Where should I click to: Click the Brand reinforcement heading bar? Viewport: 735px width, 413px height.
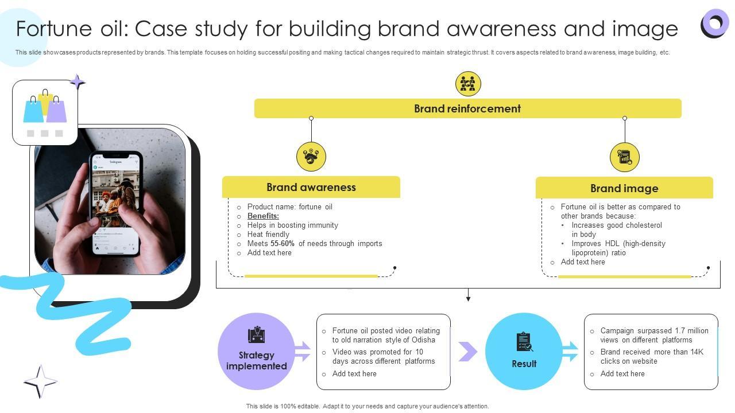click(467, 108)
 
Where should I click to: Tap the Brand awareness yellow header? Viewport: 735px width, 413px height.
click(311, 187)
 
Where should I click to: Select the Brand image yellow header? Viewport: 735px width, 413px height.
click(624, 188)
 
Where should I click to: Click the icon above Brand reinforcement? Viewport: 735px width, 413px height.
click(468, 84)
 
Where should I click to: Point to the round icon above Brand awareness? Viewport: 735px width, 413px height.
click(311, 157)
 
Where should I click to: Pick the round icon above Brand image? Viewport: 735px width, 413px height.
click(624, 157)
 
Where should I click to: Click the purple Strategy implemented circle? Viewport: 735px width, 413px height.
click(256, 352)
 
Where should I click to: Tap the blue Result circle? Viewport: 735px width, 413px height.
click(524, 352)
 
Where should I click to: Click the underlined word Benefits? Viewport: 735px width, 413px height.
click(263, 216)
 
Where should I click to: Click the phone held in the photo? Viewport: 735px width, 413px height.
click(116, 202)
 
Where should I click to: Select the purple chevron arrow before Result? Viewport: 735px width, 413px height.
click(467, 352)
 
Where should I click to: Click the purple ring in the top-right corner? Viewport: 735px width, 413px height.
click(715, 24)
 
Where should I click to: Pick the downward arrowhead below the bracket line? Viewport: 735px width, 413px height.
click(468, 298)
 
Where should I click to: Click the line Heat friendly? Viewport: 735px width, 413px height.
click(268, 235)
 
